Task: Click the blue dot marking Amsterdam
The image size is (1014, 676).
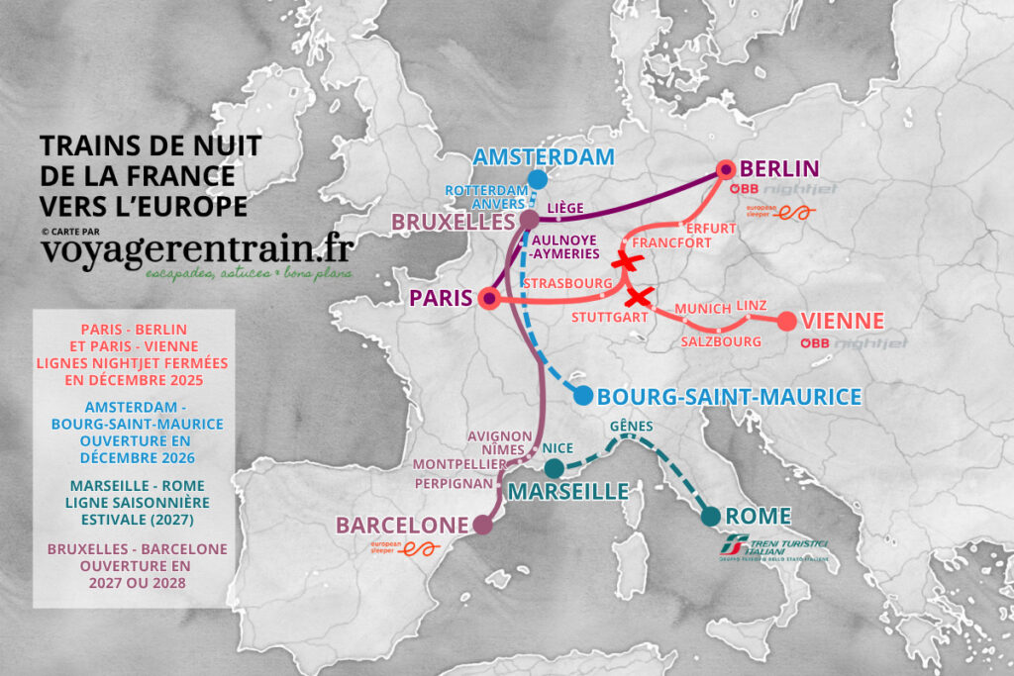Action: tap(537, 179)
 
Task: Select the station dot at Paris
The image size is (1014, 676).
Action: tap(488, 297)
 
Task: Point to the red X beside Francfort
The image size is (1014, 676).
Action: tap(624, 261)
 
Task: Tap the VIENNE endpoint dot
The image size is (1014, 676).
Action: tap(786, 321)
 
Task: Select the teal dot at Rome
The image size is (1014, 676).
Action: tap(710, 516)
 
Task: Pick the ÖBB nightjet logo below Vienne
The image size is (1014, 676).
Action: tap(840, 343)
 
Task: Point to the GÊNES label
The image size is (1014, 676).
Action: tap(633, 426)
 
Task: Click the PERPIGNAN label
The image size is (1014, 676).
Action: tap(455, 484)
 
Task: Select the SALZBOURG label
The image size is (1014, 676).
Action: tap(721, 341)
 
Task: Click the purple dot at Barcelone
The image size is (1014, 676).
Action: tap(482, 526)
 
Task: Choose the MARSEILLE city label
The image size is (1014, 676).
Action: tap(568, 491)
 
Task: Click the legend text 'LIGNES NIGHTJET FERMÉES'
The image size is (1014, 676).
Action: tap(133, 363)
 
